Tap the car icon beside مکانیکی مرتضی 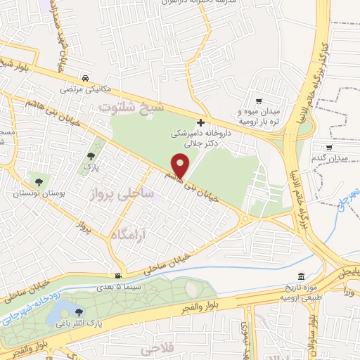[x=84, y=78]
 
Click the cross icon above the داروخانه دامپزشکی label [x=201, y=122]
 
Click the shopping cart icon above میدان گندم [x=328, y=148]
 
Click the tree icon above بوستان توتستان [x=28, y=181]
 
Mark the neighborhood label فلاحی [x=156, y=349]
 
